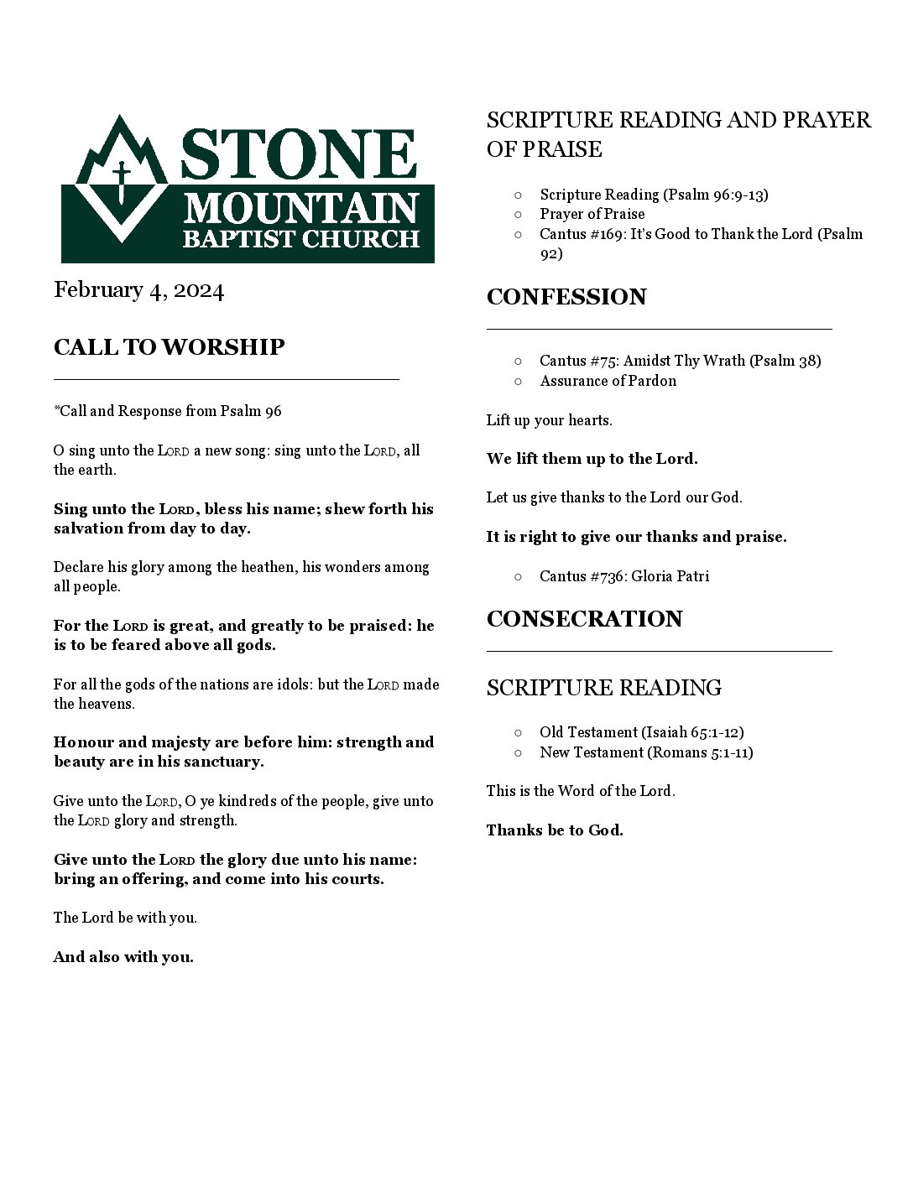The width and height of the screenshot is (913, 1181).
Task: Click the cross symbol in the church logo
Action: pos(122,179)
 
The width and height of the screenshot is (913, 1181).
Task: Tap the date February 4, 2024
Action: pos(138,290)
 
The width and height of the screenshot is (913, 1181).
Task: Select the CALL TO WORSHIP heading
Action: pos(169,347)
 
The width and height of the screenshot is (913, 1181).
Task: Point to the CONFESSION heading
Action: pos(566,297)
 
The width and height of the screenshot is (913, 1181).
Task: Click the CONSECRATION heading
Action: pos(584,619)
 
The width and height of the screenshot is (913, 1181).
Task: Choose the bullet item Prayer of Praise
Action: pos(592,214)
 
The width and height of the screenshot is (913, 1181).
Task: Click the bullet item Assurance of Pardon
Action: pos(608,381)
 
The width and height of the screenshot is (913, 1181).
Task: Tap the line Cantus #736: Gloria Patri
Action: pos(623,576)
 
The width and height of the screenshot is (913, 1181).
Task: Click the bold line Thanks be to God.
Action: pos(555,830)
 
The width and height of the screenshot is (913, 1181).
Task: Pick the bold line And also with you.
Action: pos(123,957)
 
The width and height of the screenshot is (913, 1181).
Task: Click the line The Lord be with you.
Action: pos(125,918)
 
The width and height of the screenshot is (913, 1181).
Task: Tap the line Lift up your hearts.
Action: pos(549,420)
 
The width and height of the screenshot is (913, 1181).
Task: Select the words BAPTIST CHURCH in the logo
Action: pos(301,239)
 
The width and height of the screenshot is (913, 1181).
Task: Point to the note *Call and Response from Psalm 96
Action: pos(168,411)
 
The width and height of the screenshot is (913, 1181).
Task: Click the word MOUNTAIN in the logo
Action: pos(301,207)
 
